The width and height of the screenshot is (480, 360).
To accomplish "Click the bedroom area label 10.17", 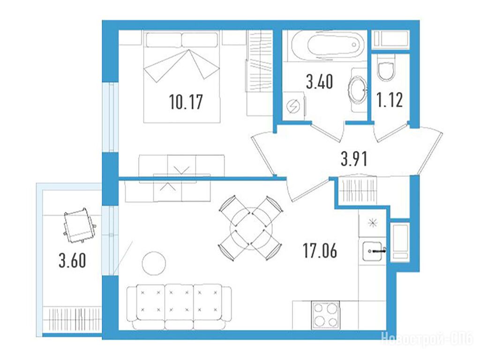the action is [186, 102].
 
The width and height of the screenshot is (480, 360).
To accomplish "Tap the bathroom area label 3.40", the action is [319, 82].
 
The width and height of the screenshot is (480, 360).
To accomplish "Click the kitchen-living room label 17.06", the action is [320, 250].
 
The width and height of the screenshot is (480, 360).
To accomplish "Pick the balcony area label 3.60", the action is [72, 261].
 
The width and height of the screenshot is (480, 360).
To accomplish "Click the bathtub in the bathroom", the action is [328, 45].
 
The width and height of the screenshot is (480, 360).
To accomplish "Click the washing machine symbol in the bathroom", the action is [293, 106].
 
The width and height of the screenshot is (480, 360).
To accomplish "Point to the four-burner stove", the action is [325, 315].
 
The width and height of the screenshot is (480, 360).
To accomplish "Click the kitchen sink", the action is [373, 251].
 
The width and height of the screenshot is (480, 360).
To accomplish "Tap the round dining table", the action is [251, 228].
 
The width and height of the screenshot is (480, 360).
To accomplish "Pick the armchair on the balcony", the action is [79, 225].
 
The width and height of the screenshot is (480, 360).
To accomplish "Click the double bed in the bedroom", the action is [182, 76].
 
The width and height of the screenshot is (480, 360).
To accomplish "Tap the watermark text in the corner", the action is [427, 339].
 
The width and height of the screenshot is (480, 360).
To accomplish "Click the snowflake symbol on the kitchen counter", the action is [372, 223].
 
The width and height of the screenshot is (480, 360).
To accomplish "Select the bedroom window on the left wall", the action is [110, 117].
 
